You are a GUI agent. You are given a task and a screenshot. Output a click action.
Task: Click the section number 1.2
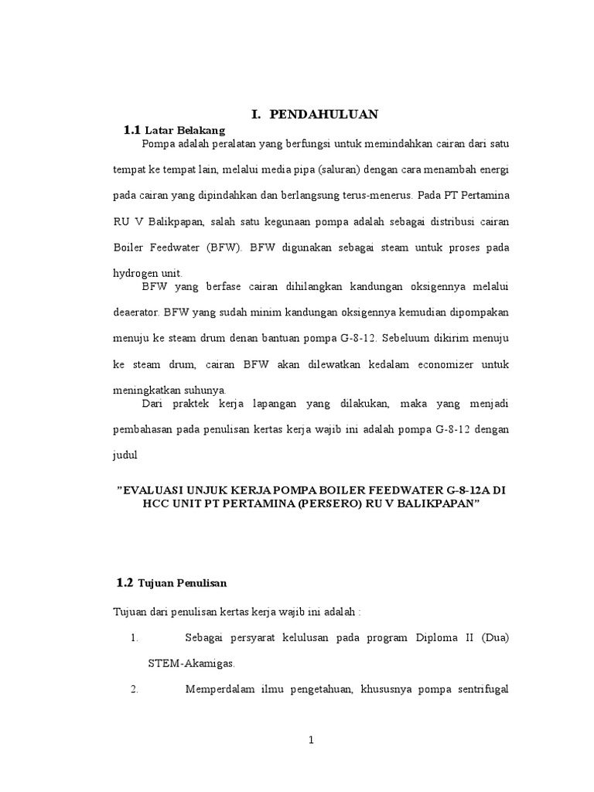[125, 582]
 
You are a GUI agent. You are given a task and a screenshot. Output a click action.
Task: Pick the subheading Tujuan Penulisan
[182, 582]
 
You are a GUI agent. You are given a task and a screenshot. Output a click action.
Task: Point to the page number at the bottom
[311, 740]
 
